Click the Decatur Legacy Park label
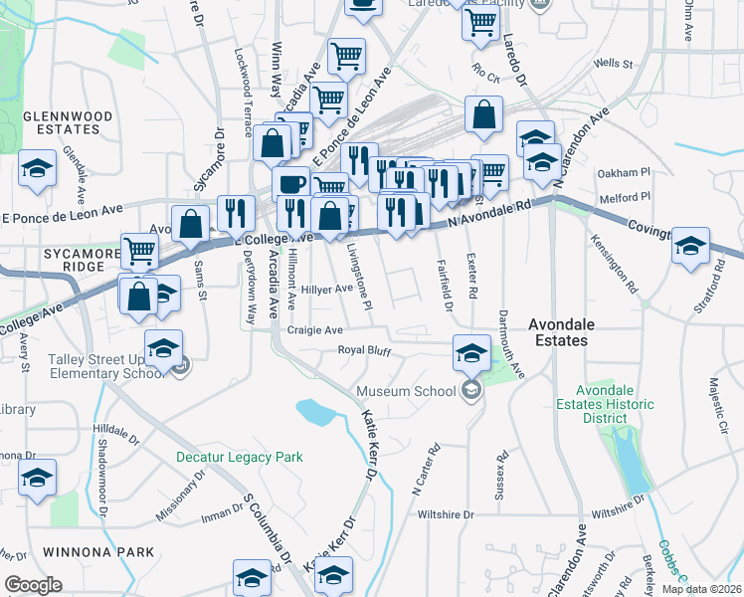coord(239,458)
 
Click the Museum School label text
coord(406,391)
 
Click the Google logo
coord(34,585)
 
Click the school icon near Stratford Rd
coord(691,246)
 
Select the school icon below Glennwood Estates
coord(37,167)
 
